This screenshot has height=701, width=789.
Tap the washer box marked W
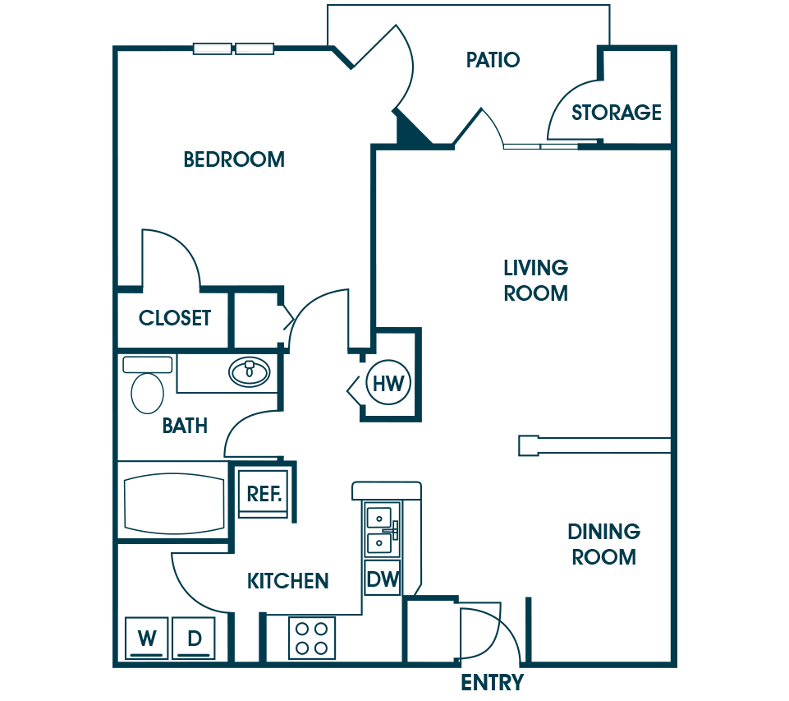tap(146, 638)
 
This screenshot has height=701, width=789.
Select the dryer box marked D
tap(194, 638)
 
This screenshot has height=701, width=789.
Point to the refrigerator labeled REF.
tap(264, 494)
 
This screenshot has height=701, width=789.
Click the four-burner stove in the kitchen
tap(312, 638)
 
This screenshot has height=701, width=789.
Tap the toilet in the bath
tap(148, 385)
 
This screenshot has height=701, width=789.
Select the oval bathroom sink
tap(250, 372)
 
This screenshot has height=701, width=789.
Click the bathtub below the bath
tap(174, 503)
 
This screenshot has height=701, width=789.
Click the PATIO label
tap(493, 60)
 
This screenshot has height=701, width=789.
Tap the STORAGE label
tap(617, 113)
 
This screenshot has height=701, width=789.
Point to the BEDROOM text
tap(234, 159)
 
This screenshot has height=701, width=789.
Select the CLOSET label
tap(175, 318)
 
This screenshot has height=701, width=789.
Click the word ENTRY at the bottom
tap(492, 682)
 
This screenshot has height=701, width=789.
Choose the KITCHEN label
tap(288, 581)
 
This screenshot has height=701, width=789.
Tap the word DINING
tap(603, 531)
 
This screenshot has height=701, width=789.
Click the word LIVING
tap(536, 267)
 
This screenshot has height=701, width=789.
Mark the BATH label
tap(185, 426)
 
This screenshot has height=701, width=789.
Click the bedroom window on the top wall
tap(233, 48)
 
